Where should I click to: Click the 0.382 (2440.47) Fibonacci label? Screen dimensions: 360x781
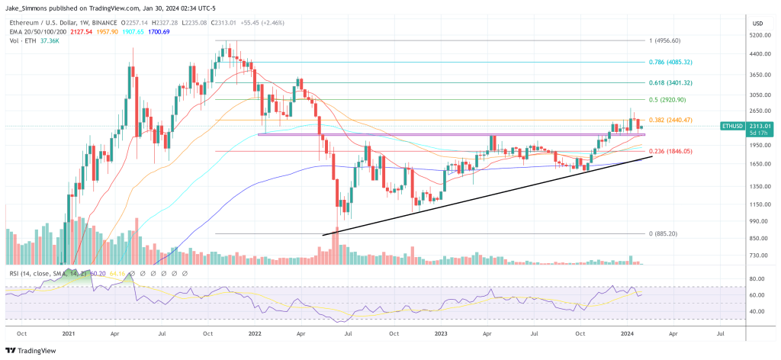(x=682, y=121)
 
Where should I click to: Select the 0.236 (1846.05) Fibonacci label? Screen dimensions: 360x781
(x=682, y=152)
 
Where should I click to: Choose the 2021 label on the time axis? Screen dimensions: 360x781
(x=68, y=334)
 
